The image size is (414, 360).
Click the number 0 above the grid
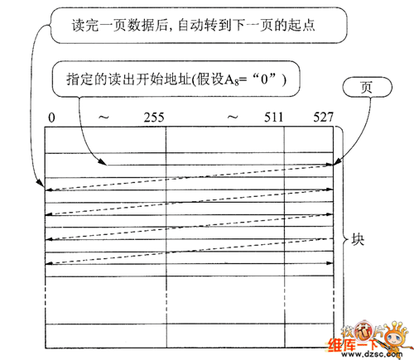[x=51, y=118]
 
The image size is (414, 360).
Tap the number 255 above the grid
[x=154, y=118]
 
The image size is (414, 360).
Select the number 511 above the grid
[x=273, y=118]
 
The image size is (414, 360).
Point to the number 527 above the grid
[x=324, y=118]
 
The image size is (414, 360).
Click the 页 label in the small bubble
[x=367, y=87]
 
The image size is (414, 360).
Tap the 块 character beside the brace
[x=358, y=239]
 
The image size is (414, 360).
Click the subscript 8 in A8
[x=237, y=82]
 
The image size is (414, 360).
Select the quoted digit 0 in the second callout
[x=265, y=79]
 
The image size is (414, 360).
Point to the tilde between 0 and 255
[x=103, y=118]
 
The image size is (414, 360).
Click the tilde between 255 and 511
[x=233, y=118]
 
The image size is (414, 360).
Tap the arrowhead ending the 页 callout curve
[x=337, y=162]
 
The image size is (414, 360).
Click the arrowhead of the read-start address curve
[x=102, y=162]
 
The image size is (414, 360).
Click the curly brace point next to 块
[x=346, y=239]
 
